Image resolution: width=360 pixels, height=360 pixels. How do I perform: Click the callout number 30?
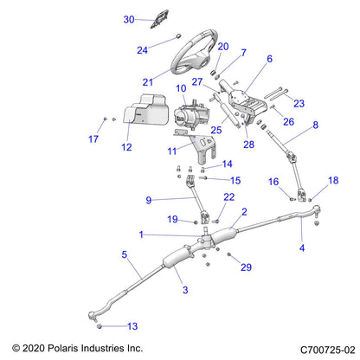[129, 19]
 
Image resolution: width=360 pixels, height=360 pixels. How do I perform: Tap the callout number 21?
[148, 82]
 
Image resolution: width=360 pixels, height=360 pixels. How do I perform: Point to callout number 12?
[126, 147]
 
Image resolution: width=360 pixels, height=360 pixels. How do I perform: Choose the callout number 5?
[125, 254]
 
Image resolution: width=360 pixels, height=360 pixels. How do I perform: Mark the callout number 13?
[132, 326]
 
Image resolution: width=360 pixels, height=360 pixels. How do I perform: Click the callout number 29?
[245, 268]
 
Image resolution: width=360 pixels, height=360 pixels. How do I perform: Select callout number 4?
[301, 248]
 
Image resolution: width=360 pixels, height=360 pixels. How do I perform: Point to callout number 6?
[268, 59]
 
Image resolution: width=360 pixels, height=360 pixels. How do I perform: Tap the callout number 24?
[143, 50]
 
